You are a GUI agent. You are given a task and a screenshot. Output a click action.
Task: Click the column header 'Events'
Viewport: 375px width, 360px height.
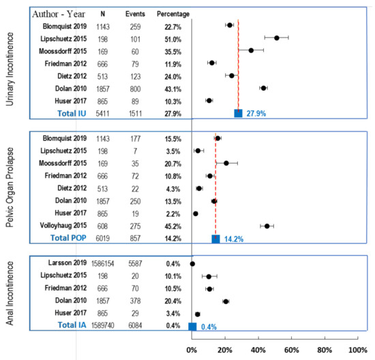[135, 14]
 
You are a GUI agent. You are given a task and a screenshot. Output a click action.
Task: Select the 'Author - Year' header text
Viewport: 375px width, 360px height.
[59, 14]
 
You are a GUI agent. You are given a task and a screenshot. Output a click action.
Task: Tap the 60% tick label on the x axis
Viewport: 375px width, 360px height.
[292, 350]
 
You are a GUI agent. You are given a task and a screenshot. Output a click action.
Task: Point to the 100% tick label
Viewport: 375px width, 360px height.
[358, 350]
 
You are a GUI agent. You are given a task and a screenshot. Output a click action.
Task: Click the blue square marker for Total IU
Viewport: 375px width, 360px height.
[238, 113]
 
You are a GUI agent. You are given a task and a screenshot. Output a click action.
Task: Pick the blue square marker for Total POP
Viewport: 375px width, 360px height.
[215, 239]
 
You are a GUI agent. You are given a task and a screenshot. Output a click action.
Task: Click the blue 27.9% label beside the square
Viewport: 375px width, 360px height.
[256, 113]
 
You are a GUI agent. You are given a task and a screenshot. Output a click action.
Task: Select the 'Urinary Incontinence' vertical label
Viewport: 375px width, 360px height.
[10, 69]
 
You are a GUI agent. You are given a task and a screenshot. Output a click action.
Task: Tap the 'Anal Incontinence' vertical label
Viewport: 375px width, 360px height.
[10, 293]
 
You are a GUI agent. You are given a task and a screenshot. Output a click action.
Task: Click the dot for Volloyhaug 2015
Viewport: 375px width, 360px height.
[267, 226]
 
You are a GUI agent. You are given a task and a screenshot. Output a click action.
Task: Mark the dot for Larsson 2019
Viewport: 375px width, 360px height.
[192, 264]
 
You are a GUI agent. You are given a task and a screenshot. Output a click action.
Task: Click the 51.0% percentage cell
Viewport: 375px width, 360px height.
[173, 40]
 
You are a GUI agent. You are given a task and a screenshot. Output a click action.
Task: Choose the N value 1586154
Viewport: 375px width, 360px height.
[102, 264]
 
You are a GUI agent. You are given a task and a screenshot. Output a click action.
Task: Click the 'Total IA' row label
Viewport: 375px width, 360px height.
[72, 325]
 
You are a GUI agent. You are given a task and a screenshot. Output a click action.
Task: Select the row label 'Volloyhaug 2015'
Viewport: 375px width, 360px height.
[63, 225]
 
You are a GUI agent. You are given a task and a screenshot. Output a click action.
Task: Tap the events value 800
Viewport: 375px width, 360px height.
[135, 89]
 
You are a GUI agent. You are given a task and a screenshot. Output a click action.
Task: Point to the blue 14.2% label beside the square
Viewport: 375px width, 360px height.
[234, 239]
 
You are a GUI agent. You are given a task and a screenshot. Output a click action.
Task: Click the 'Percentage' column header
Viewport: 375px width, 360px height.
[173, 14]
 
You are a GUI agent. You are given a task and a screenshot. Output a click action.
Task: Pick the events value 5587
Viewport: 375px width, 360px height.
[135, 264]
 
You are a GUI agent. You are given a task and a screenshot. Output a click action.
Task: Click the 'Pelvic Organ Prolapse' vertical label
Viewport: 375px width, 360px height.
[10, 187]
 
